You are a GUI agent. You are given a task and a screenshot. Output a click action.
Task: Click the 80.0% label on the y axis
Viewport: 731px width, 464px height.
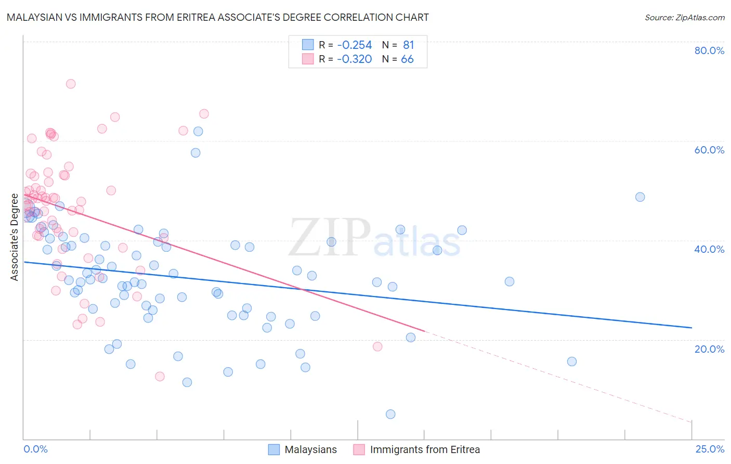709,50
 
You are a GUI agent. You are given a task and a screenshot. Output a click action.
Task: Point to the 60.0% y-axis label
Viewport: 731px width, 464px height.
709,150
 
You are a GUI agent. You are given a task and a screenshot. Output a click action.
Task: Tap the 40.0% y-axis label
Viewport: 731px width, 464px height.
709,249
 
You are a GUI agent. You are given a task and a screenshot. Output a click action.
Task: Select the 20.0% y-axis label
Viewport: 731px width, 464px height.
709,349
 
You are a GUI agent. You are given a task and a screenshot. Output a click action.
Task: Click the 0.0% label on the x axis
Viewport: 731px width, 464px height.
35,449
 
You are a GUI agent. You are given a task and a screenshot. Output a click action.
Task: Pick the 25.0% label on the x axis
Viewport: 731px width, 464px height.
710,449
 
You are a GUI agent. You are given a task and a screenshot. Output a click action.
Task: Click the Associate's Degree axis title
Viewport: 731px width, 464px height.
15,237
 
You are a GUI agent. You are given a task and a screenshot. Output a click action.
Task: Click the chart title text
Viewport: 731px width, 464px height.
218,17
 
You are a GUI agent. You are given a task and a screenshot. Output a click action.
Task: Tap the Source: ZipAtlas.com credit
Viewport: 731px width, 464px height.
684,18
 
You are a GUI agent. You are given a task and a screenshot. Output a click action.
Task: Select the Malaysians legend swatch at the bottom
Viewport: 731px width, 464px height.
274,450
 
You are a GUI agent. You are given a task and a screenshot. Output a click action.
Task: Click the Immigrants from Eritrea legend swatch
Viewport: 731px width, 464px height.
359,450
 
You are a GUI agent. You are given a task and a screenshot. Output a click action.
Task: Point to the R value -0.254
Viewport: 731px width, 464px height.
354,45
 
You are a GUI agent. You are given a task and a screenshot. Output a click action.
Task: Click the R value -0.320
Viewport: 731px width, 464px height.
354,59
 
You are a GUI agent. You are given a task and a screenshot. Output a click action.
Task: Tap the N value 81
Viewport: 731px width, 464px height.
408,45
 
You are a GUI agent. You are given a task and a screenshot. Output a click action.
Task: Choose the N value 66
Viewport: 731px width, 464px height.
407,59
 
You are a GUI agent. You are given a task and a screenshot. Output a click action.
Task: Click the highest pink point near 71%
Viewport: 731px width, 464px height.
71,84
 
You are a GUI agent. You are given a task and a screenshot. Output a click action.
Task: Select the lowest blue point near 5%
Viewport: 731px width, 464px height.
390,414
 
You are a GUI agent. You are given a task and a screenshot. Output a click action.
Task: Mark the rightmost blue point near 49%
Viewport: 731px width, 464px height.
640,197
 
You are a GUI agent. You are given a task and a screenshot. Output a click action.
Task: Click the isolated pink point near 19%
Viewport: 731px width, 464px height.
377,346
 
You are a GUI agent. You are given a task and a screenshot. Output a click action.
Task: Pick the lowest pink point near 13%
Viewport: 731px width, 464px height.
160,376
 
